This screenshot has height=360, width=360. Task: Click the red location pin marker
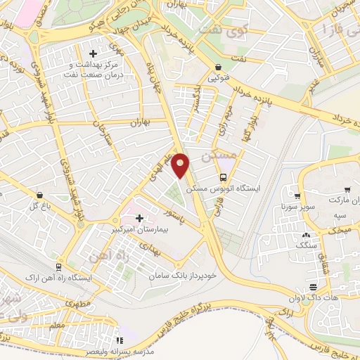pyautogui.click(x=182, y=164)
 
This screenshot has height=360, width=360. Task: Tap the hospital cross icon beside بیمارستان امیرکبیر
pyautogui.click(x=139, y=219)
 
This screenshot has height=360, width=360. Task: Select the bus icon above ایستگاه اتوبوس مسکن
pyautogui.click(x=223, y=178)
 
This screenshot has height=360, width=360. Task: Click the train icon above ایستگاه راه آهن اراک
pyautogui.click(x=58, y=267)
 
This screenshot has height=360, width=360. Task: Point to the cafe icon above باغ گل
pyautogui.click(x=39, y=195)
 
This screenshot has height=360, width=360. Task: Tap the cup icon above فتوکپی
pyautogui.click(x=217, y=68)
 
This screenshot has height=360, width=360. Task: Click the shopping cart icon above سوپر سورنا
pyautogui.click(x=297, y=197)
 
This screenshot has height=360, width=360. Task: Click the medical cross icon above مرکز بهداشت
pyautogui.click(x=93, y=53)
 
